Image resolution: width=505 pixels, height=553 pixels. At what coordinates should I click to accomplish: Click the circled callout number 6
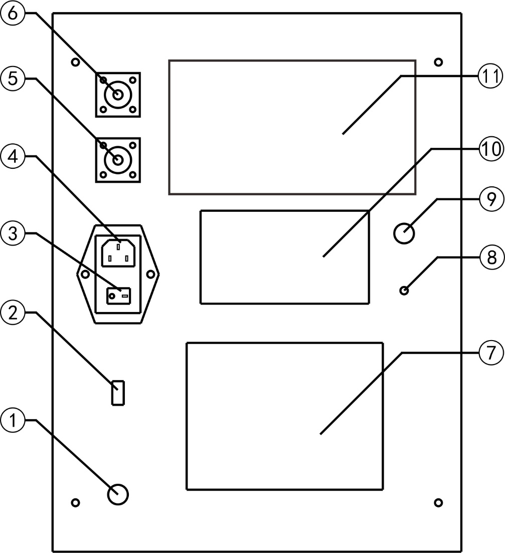point(13,14)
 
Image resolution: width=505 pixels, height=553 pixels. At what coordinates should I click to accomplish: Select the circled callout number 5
point(13,79)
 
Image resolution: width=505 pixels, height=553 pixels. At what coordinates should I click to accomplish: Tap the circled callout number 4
point(13,156)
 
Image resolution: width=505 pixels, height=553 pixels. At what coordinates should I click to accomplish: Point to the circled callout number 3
point(13,233)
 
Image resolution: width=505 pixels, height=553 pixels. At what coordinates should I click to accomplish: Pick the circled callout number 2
point(13,313)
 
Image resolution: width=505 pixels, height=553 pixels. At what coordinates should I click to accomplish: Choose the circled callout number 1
point(13,420)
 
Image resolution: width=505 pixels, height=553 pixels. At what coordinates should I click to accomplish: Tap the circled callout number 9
point(491,199)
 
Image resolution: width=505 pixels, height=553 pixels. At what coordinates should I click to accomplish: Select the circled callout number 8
point(491,258)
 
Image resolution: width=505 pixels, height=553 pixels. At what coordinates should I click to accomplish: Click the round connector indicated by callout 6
point(118,95)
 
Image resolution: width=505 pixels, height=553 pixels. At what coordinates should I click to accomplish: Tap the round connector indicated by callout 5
point(118,160)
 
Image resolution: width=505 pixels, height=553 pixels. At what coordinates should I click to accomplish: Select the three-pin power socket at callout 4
point(118,252)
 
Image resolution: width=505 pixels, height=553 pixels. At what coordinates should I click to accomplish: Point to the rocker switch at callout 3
point(118,296)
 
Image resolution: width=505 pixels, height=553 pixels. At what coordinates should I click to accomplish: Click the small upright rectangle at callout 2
point(118,393)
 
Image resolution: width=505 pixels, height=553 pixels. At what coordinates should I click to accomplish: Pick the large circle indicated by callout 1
point(117,494)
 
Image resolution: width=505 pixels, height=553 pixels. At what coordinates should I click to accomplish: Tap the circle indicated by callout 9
point(404,233)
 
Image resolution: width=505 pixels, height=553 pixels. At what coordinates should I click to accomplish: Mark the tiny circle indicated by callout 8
point(404,291)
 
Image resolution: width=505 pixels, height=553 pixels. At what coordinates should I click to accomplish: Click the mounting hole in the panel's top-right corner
point(438,63)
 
